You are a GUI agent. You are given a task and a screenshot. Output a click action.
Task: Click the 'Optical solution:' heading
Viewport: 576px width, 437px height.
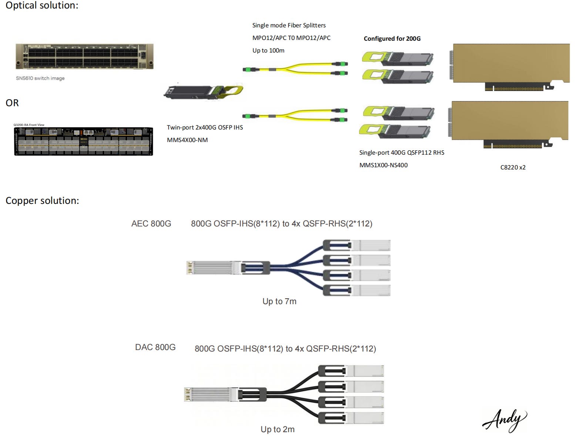pos(42,6)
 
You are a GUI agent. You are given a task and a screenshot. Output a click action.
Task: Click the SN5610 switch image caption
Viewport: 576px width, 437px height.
pos(40,78)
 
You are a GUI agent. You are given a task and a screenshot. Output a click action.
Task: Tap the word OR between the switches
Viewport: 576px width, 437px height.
pos(12,103)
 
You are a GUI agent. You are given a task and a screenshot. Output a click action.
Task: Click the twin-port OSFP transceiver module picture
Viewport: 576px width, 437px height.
pos(203,91)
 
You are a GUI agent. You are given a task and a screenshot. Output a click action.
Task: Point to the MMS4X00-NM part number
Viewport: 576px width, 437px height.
pos(187,140)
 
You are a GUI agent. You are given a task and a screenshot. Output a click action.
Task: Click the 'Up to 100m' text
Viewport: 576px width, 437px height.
pos(268,50)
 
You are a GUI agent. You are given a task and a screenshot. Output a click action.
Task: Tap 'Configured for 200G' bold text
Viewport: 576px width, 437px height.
pos(392,38)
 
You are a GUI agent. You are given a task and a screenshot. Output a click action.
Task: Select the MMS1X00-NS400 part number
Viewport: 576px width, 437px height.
pos(384,165)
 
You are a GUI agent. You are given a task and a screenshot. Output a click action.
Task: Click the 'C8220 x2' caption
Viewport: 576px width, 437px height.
pos(513,167)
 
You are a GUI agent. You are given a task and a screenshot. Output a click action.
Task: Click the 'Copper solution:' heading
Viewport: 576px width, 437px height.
pos(42,201)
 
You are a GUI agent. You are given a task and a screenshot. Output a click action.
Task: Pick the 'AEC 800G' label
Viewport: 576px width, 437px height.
pos(151,223)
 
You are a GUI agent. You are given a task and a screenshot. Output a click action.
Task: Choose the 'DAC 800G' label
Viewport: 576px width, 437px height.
pos(155,347)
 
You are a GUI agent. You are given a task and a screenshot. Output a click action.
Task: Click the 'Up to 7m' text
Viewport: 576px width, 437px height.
pos(279,301)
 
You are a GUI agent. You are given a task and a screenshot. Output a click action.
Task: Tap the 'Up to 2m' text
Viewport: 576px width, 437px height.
pos(278,429)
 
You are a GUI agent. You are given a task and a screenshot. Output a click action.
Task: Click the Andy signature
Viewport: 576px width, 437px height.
pos(504,420)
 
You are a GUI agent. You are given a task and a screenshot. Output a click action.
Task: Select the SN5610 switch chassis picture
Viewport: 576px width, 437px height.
pos(84,56)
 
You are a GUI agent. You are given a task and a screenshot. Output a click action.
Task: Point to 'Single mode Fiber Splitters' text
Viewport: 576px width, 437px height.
pos(289,25)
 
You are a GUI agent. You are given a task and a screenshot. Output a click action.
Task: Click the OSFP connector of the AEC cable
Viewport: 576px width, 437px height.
pos(211,268)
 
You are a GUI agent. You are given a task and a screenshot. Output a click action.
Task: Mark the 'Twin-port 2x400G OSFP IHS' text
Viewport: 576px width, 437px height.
pos(205,127)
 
